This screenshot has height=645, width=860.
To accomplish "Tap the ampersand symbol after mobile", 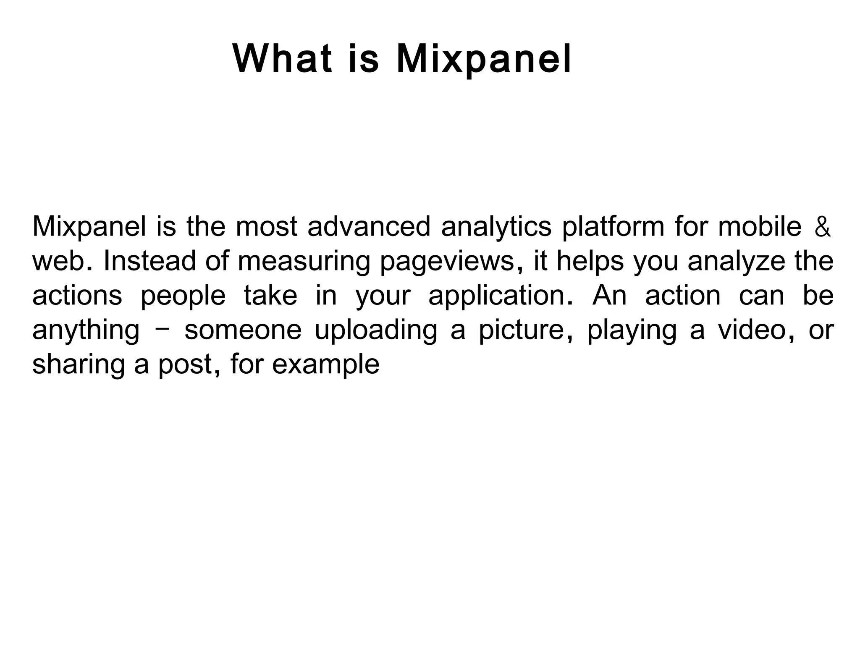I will click(x=822, y=228).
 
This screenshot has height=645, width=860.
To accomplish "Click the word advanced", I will click(x=369, y=227).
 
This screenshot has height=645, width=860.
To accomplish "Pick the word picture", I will click(x=522, y=330).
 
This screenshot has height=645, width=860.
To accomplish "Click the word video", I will click(x=752, y=330).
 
